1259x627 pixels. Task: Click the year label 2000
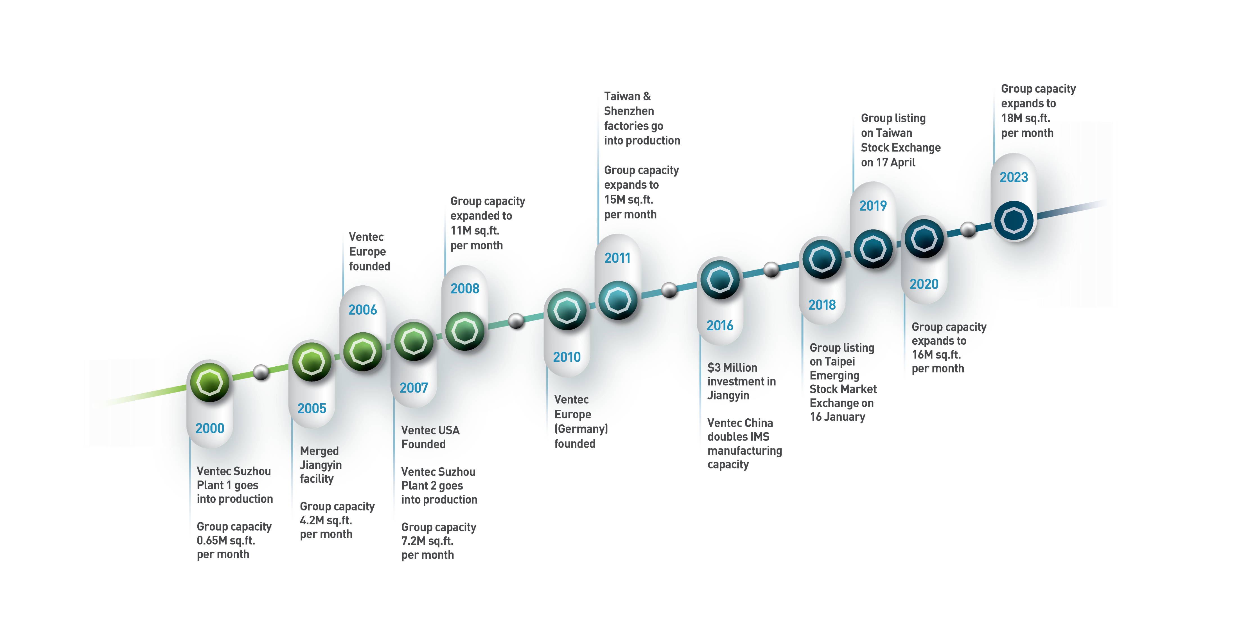tap(210, 428)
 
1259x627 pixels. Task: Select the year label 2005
tap(312, 408)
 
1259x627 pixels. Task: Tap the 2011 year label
tap(617, 258)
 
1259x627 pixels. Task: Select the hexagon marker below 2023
tap(1014, 220)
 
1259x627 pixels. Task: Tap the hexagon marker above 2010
tap(567, 311)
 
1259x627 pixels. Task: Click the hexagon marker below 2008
tap(465, 331)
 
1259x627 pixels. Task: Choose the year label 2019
tap(873, 206)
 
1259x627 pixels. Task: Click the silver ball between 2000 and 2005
tap(261, 372)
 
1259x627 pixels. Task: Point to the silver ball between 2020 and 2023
tap(968, 229)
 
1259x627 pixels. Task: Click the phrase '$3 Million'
tap(732, 367)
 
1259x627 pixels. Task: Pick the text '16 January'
tap(837, 417)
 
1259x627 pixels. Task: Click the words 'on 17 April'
tap(888, 162)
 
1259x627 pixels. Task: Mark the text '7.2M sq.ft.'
tap(427, 541)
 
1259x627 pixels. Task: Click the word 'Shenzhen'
tap(629, 111)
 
